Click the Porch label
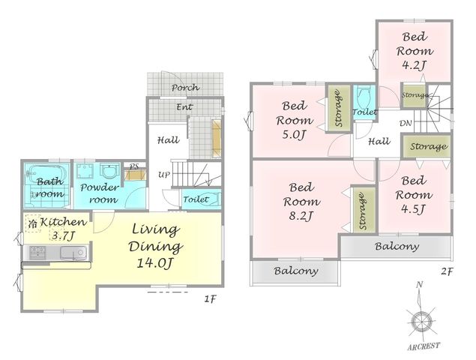(x=185, y=88)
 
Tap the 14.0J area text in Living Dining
(x=155, y=263)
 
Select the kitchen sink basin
(x=73, y=253)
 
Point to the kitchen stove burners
(x=37, y=253)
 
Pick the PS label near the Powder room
(x=134, y=166)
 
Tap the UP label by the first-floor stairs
(x=164, y=175)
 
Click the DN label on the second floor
(x=406, y=123)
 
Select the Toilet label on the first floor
(x=196, y=199)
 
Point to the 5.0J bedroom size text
(x=293, y=134)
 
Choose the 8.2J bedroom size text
(x=301, y=216)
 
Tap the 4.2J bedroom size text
(x=415, y=65)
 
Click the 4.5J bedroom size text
(x=413, y=209)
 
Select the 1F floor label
(x=210, y=299)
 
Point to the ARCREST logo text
(x=424, y=346)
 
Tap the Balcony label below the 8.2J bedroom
(x=296, y=271)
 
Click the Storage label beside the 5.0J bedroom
(x=338, y=108)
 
